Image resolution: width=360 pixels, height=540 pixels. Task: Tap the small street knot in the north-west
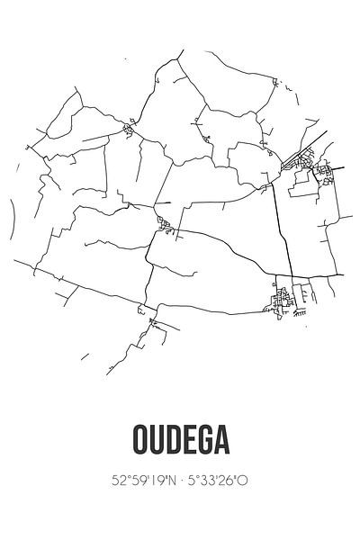point(130,131)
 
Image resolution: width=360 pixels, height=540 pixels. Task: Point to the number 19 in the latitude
point(153,481)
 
